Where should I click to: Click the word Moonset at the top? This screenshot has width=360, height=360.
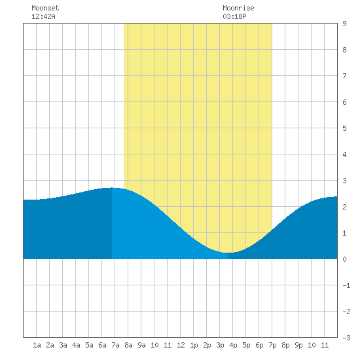pos(45,8)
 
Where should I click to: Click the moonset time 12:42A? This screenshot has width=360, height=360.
pos(43,16)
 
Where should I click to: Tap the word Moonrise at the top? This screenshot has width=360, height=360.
pos(238,8)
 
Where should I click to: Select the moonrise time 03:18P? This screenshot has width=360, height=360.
pos(234,16)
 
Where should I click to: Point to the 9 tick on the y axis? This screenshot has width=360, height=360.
pos(344,24)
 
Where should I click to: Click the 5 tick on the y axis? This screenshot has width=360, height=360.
pos(344,128)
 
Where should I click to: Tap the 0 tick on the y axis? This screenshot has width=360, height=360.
pos(344,259)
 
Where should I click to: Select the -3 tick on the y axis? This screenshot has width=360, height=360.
pos(346,338)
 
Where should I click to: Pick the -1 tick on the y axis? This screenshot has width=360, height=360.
pos(346,285)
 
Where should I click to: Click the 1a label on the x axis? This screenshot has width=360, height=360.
pos(37,345)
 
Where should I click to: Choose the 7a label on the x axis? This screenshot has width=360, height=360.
pos(115,345)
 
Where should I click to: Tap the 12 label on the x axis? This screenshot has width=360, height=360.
pos(181,345)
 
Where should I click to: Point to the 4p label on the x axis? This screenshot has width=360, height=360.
pos(233,345)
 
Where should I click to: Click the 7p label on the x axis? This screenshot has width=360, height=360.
pos(272,345)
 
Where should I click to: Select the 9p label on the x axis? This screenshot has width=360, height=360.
pos(298,345)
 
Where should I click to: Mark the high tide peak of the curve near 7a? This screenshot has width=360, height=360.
pos(112,188)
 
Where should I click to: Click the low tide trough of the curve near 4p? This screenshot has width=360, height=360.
pos(228,253)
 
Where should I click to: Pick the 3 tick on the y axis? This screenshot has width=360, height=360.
pos(344,181)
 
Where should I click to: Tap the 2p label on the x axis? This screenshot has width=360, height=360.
pos(207,345)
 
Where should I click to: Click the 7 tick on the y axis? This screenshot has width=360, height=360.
pos(344,76)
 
